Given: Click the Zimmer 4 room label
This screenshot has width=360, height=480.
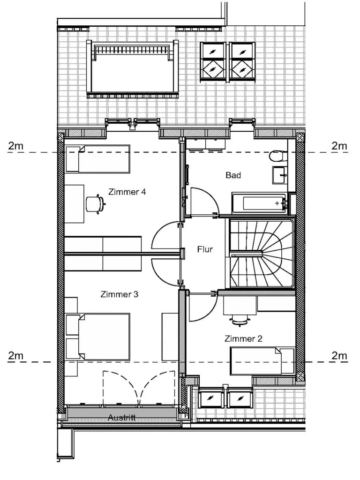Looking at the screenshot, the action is pyautogui.click(x=127, y=192).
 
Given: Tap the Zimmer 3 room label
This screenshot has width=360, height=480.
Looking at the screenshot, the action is pyautogui.click(x=120, y=294).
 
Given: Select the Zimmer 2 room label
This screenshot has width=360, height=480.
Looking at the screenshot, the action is pyautogui.click(x=243, y=338).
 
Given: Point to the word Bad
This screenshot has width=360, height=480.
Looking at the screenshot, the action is pyautogui.click(x=233, y=175).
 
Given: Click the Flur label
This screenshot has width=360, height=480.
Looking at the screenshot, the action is pyautogui.click(x=205, y=249).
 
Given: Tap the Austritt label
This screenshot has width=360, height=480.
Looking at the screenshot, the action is pyautogui.click(x=122, y=418).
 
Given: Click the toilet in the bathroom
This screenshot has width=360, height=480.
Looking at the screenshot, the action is pyautogui.click(x=278, y=156).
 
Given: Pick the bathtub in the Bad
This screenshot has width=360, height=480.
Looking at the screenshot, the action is pyautogui.click(x=260, y=203).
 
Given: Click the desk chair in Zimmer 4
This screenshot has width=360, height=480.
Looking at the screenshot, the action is pyautogui.click(x=95, y=203).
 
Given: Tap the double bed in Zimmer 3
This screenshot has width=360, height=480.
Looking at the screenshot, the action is pyautogui.click(x=98, y=337).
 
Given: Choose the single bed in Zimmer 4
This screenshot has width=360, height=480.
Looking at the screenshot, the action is pyautogui.click(x=98, y=159).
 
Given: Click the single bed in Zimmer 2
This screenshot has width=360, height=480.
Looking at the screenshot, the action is pyautogui.click(x=262, y=360).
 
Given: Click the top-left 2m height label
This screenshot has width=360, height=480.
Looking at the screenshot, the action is pyautogui.click(x=15, y=146).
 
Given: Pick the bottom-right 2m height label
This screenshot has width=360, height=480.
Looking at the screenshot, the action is pyautogui.click(x=339, y=356).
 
